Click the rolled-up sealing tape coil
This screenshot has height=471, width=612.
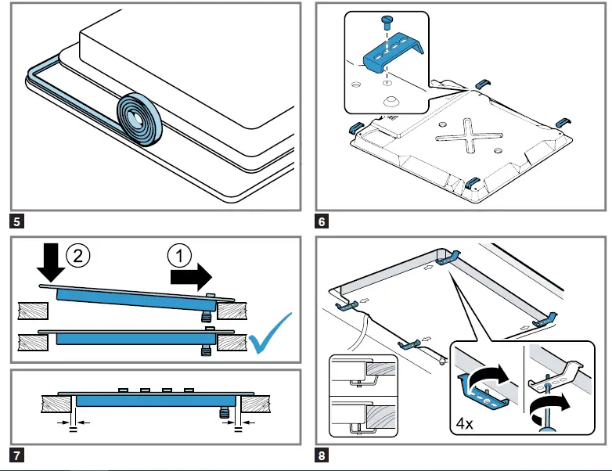click(x=139, y=116)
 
